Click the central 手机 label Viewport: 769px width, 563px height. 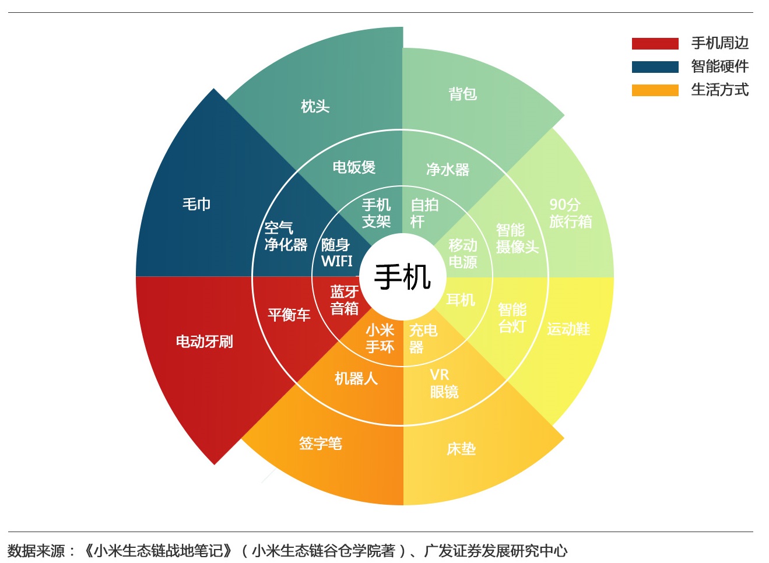402,276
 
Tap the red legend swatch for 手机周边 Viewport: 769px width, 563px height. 655,43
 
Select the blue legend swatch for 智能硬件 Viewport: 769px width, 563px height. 655,66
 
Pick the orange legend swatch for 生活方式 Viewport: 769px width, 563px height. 655,90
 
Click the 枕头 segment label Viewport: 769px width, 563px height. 315,106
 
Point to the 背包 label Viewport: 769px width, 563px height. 462,94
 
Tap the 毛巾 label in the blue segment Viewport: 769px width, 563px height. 196,204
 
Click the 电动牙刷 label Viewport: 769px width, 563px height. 205,342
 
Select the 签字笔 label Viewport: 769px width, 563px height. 320,444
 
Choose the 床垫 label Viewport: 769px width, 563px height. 461,449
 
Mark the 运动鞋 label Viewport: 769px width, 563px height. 568,329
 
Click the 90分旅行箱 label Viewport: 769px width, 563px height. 570,213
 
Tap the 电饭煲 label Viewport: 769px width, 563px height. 354,167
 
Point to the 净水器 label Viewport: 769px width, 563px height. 447,170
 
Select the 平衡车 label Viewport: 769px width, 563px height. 289,315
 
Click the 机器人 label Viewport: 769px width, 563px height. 356,379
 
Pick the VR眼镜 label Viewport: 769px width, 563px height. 444,383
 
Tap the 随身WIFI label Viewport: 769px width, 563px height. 337,253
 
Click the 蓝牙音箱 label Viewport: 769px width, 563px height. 345,300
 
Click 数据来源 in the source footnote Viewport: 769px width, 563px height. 36,550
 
